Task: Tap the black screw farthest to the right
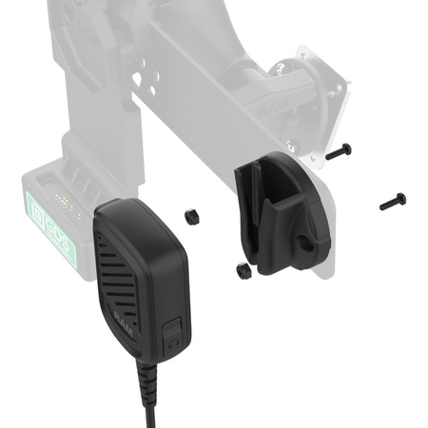tap(392, 201)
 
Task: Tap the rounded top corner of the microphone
tap(107, 208)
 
